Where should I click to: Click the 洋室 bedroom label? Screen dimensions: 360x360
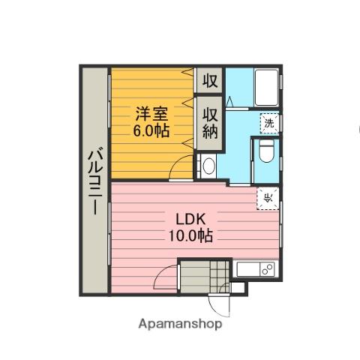click(x=151, y=114)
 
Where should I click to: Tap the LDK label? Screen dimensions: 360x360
click(x=190, y=219)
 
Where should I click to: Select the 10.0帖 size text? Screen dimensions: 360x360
click(x=190, y=235)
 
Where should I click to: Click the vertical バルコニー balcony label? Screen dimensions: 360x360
click(x=94, y=180)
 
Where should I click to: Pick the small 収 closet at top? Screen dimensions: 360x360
click(x=208, y=80)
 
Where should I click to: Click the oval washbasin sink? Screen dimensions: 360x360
click(x=208, y=166)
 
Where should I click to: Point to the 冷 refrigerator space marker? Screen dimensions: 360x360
click(x=268, y=198)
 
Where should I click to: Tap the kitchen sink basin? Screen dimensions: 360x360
click(x=247, y=268)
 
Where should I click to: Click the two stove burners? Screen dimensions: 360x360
click(x=265, y=268)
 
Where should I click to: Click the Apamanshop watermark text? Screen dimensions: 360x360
click(x=180, y=325)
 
